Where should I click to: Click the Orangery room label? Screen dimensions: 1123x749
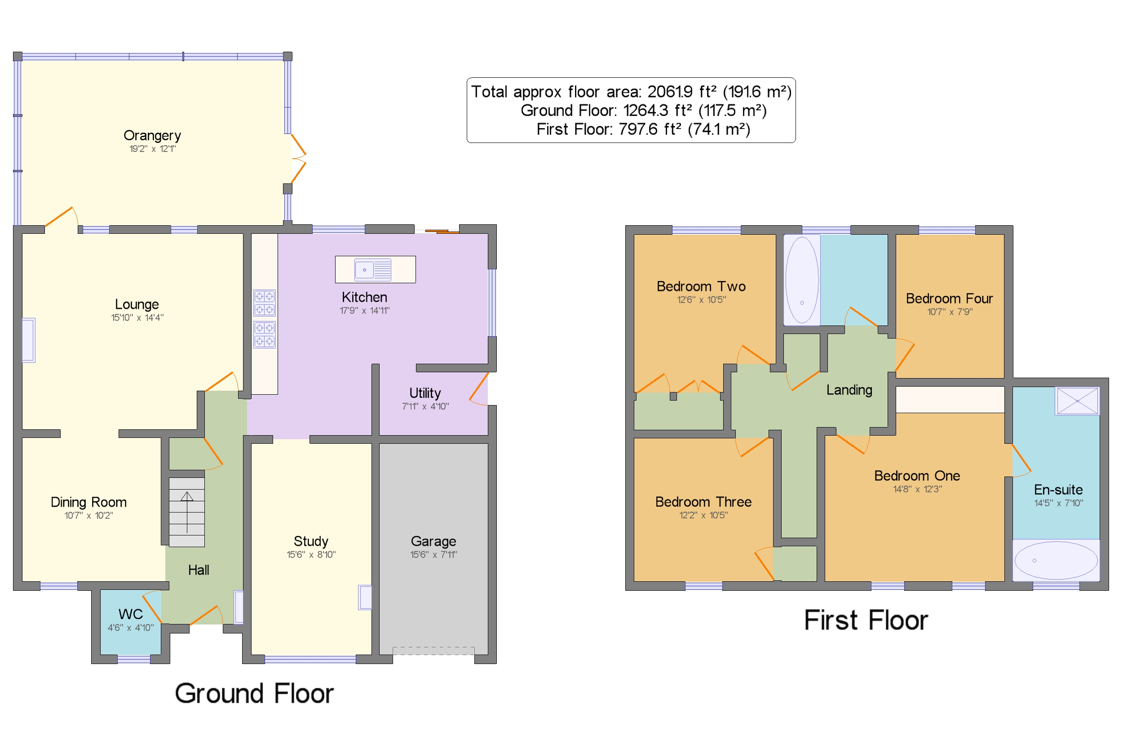pos(152,136)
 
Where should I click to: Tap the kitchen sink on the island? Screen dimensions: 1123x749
pos(373,270)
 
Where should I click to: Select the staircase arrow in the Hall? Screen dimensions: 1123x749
pos(187,512)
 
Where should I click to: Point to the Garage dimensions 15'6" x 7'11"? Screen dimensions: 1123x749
pos(433,555)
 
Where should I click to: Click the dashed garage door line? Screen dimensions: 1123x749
pos(433,651)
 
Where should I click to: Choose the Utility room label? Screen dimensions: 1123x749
pos(425,393)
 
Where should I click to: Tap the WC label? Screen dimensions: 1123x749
pos(130,614)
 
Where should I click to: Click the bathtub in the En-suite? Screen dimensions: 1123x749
pos(1056,560)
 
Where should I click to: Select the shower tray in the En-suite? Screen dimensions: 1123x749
pos(1078,401)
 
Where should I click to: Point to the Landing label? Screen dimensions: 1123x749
pos(849,390)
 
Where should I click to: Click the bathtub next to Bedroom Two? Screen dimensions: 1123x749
pos(802,280)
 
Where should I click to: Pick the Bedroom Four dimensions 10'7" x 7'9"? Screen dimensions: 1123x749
pos(949,312)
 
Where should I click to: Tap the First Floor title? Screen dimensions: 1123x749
pos(866,620)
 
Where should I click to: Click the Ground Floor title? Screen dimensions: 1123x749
pos(254,694)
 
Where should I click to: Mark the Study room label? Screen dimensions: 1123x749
pos(311,541)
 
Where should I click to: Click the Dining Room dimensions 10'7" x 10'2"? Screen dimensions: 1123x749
pos(88,515)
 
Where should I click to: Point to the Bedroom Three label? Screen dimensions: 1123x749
pos(703,502)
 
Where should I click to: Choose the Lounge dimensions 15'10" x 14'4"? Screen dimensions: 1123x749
pos(137,318)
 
